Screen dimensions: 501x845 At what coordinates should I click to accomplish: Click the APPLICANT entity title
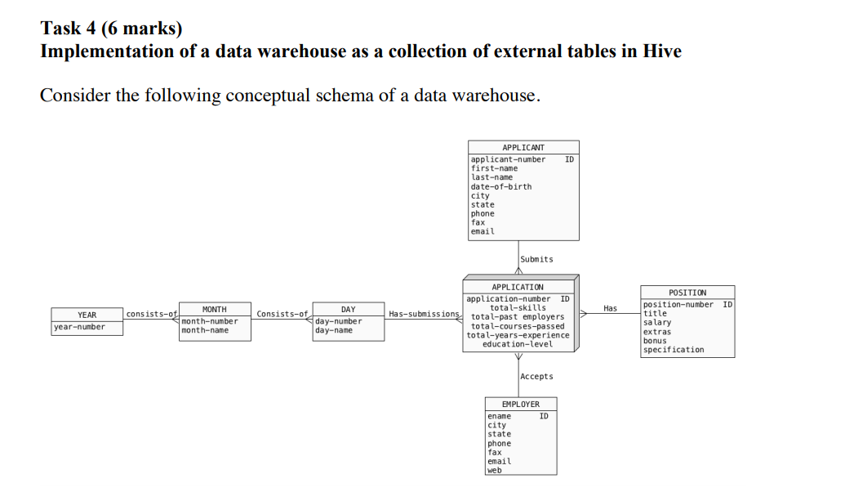point(523,147)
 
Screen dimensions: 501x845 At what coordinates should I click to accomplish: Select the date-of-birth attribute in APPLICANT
point(501,186)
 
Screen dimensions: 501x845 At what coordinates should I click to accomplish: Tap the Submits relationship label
point(536,259)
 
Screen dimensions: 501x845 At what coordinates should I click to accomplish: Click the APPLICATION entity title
point(518,287)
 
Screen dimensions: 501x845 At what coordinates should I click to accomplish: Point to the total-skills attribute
point(518,308)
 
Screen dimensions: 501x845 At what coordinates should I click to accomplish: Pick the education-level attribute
point(518,344)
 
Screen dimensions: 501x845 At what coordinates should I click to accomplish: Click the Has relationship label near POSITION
point(610,308)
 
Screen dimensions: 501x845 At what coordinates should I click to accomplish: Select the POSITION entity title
point(687,292)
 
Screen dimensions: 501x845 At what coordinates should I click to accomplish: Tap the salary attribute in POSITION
point(657,323)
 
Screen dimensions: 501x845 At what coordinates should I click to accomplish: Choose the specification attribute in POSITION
point(674,350)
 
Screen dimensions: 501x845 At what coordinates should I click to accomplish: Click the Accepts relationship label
point(536,377)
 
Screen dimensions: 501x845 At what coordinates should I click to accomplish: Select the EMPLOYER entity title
point(521,405)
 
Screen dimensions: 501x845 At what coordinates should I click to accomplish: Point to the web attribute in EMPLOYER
point(495,470)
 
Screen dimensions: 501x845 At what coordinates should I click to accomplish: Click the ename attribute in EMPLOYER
point(499,416)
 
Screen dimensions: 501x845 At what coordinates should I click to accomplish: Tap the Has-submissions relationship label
point(425,314)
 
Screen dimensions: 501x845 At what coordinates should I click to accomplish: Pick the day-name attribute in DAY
point(334,330)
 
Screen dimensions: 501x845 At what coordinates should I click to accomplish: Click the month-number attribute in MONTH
point(210,321)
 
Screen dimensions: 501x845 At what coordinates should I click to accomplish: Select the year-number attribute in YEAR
point(80,327)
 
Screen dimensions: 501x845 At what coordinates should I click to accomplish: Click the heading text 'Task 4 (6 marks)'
point(111,29)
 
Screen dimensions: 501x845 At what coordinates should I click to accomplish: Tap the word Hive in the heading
point(662,51)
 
